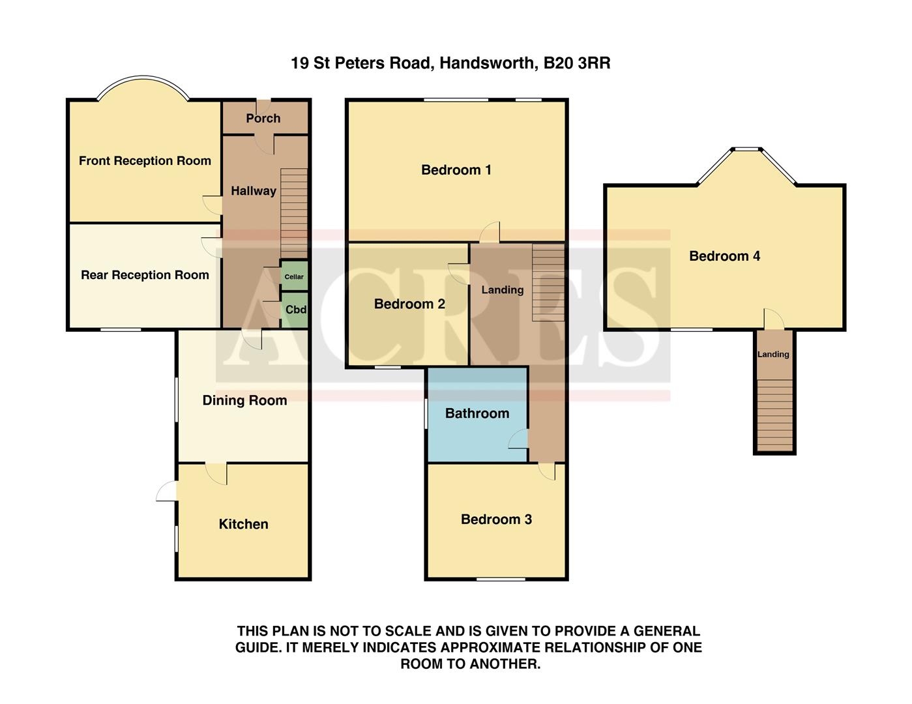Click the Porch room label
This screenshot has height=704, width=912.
coord(263,118)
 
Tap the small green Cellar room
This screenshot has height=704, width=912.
coord(294,276)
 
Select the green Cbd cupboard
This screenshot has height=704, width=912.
coord(295,310)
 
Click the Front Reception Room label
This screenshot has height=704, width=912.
coord(145,160)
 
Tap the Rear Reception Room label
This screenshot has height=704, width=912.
coord(145,274)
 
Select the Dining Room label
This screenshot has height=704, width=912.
coord(244,400)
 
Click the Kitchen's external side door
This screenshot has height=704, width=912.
coord(167,491)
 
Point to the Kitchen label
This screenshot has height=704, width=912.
coord(243,524)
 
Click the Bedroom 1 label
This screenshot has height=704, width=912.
coord(456,169)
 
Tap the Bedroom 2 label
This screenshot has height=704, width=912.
coord(409,304)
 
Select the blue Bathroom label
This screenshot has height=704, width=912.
coord(477,413)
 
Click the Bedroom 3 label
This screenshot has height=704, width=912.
coord(496,519)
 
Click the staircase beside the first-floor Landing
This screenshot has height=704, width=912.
coord(548,282)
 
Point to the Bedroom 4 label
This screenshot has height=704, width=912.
coord(725,256)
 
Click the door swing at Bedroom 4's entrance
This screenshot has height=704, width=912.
coord(773,318)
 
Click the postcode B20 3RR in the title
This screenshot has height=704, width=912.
coord(577,63)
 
